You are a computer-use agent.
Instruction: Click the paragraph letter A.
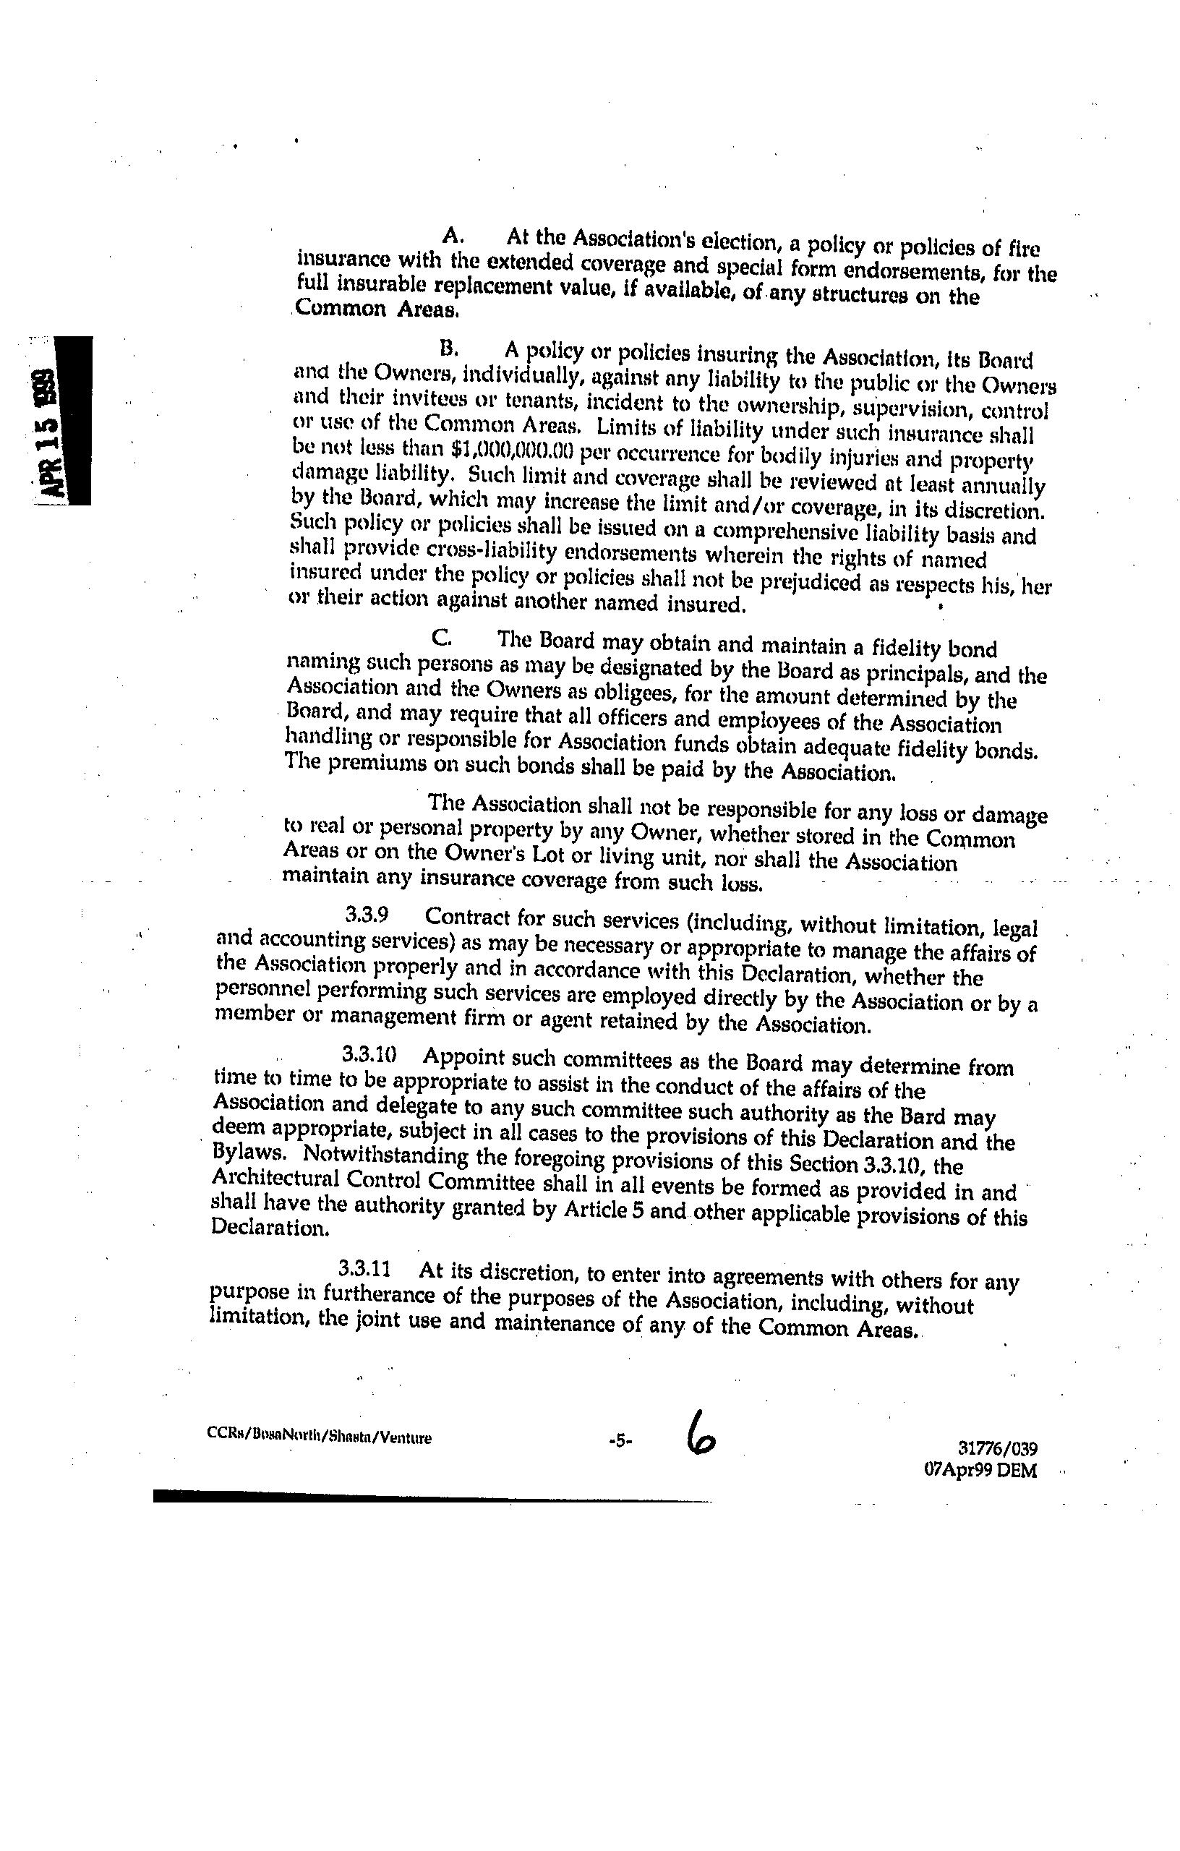click(452, 233)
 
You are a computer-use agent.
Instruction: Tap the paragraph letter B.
click(448, 349)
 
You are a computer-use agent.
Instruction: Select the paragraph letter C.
click(440, 637)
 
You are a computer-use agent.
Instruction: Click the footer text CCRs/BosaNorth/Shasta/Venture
click(319, 1437)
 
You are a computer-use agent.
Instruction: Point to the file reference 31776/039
click(998, 1449)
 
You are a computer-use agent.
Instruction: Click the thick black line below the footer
click(430, 1496)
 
